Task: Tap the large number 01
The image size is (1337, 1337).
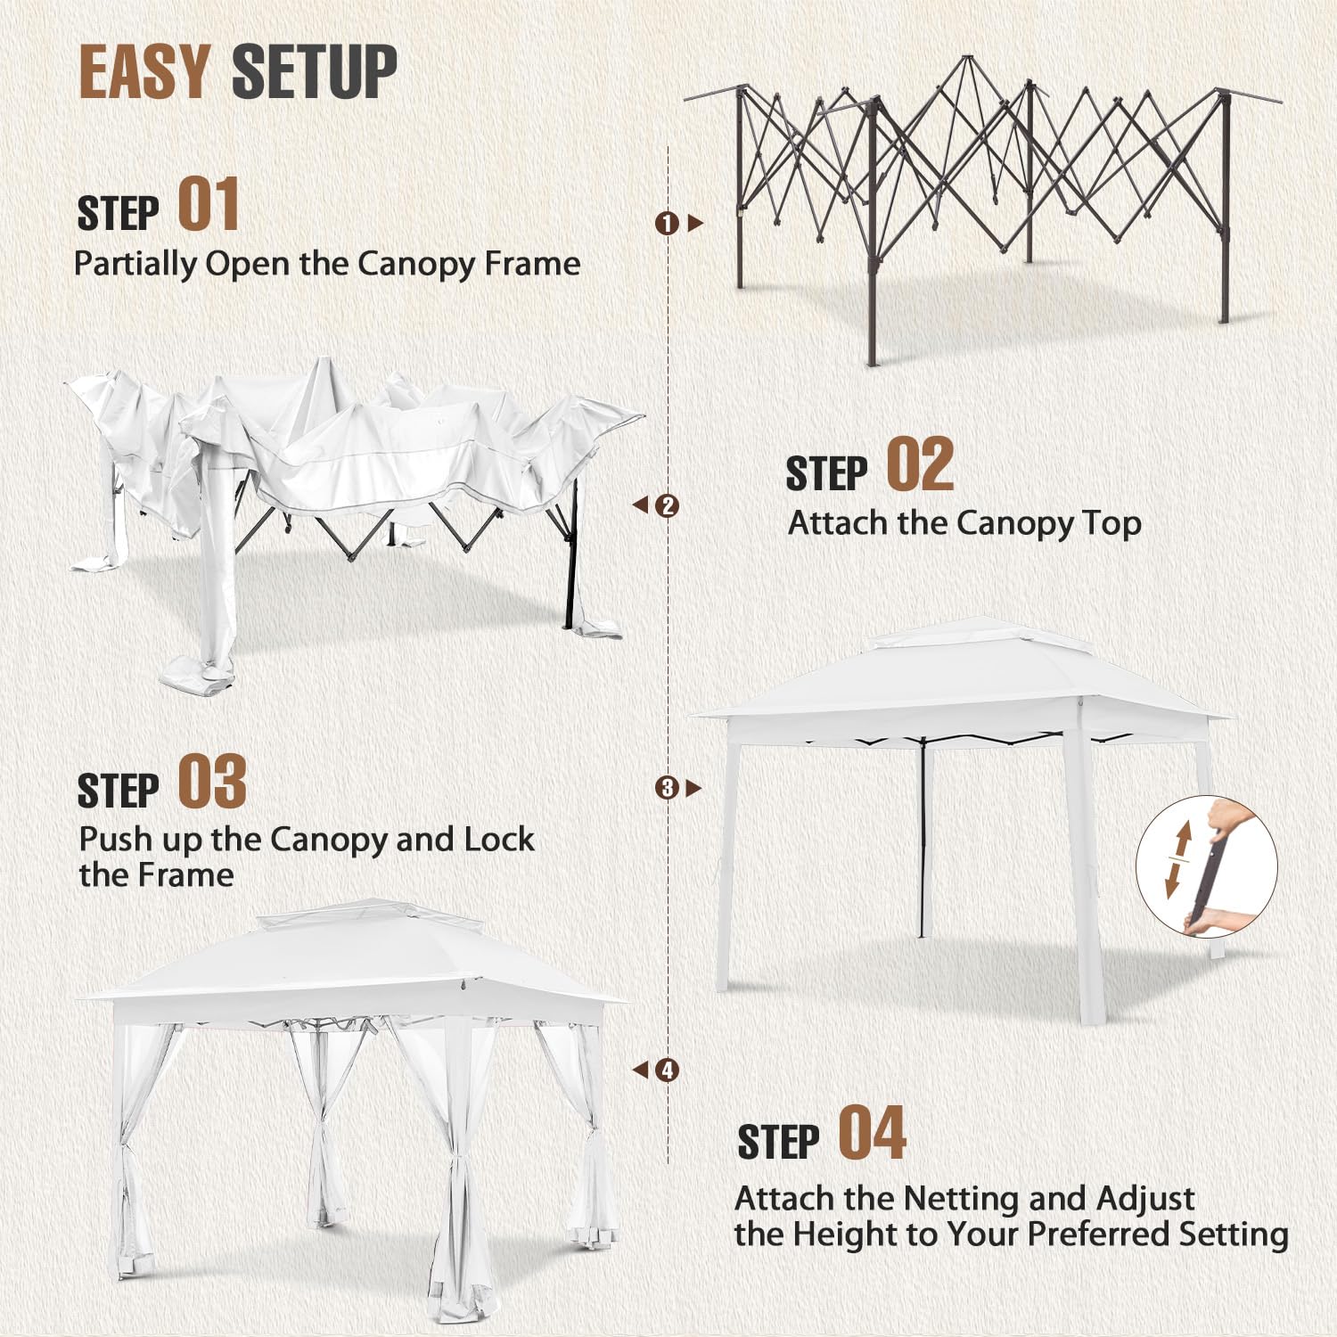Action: (209, 204)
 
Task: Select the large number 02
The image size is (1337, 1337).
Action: (921, 464)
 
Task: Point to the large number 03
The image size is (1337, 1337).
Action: (212, 782)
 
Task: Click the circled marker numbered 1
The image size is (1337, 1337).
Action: (667, 223)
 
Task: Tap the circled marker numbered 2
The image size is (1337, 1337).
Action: (667, 505)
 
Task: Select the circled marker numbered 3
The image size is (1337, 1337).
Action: (667, 788)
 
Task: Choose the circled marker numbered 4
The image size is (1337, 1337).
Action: (667, 1070)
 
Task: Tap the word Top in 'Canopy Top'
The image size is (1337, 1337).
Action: (1111, 523)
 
